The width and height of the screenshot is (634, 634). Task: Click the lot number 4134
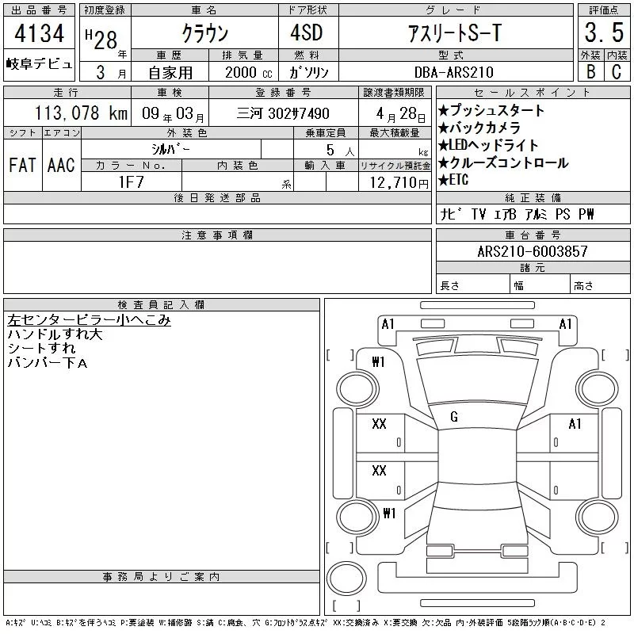pyautogui.click(x=39, y=33)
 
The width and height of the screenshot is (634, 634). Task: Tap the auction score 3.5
pyautogui.click(x=604, y=32)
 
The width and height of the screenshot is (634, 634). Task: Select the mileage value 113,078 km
pyautogui.click(x=81, y=113)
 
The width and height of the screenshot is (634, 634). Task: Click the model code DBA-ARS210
pyautogui.click(x=453, y=72)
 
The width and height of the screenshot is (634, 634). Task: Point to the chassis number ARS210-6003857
pyautogui.click(x=532, y=251)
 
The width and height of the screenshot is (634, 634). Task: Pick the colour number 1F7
pyautogui.click(x=131, y=182)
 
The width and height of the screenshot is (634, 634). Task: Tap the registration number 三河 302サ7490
pyautogui.click(x=283, y=113)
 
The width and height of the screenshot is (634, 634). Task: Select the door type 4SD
pyautogui.click(x=307, y=32)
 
